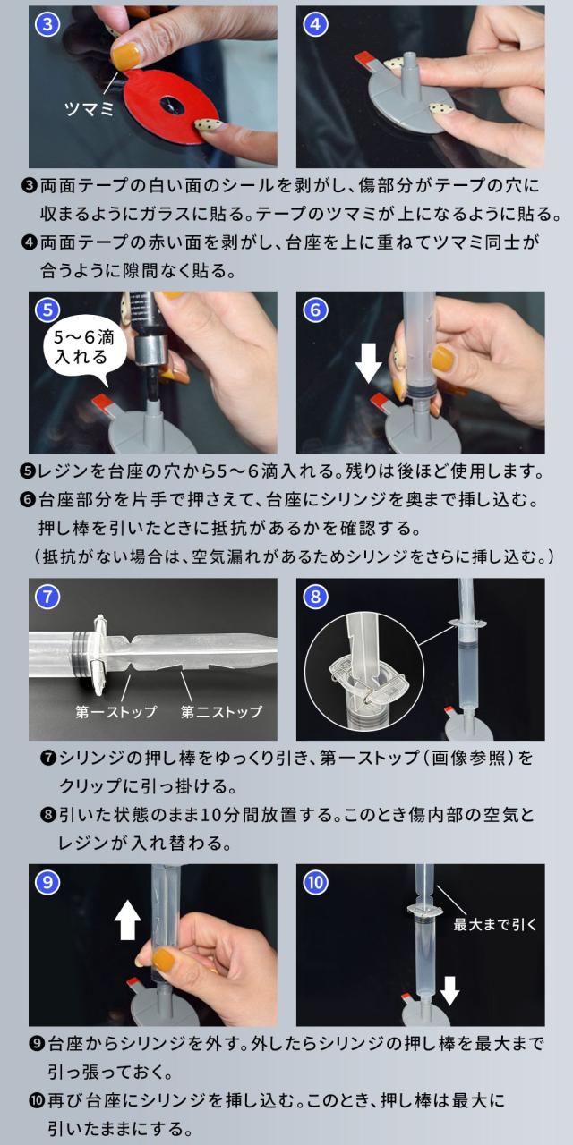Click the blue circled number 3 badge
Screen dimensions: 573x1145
(x=47, y=24)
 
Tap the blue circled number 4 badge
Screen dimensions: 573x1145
(x=316, y=24)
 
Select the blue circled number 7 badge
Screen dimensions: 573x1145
(x=47, y=597)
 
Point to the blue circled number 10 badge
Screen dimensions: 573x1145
(x=316, y=883)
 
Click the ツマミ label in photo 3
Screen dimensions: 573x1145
(x=89, y=108)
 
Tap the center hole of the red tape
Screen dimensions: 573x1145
(x=169, y=105)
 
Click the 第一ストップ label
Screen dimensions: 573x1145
(x=116, y=711)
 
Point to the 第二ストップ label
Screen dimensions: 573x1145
(x=221, y=711)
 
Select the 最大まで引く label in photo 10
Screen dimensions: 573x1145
(x=495, y=924)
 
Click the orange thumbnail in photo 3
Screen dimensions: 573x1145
(x=126, y=55)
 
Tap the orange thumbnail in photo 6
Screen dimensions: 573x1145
(x=443, y=359)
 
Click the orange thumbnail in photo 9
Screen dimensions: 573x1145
(x=166, y=961)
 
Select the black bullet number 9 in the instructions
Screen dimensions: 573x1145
(x=38, y=1043)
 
